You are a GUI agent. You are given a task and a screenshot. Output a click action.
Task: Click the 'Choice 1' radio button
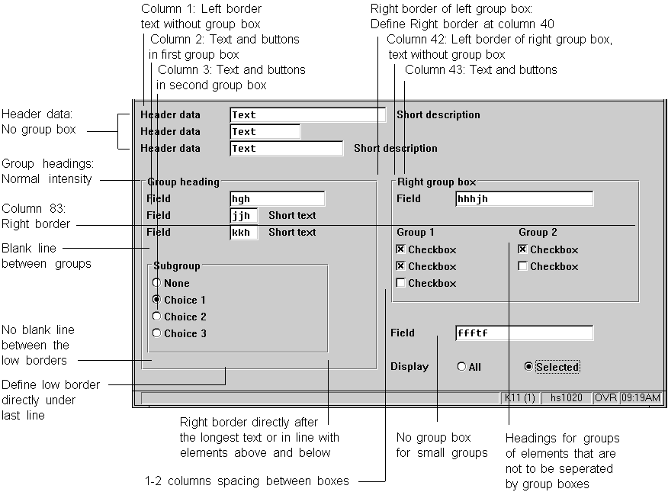[157, 300]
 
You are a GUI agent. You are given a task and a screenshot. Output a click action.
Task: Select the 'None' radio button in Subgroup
[157, 283]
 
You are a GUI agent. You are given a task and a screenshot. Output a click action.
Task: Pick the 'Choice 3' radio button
[157, 333]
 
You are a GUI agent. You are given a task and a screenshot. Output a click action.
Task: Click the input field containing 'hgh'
[277, 199]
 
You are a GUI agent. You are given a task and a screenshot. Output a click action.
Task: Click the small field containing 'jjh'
[243, 216]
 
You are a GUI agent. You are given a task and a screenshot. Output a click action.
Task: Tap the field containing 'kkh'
[243, 232]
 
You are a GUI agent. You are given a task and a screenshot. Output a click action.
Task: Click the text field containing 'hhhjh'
[523, 199]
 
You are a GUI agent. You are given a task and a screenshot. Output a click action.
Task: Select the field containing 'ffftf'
[523, 333]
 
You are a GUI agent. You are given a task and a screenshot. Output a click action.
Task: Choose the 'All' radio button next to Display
[461, 367]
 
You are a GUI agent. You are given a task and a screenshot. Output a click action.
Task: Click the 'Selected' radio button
[528, 367]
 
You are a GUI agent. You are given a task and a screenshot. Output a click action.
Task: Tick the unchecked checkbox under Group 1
[400, 283]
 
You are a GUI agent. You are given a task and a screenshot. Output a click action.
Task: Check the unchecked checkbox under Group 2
[522, 266]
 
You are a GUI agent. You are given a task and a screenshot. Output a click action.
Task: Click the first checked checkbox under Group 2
[522, 249]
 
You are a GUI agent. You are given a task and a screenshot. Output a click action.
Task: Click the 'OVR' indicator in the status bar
[605, 397]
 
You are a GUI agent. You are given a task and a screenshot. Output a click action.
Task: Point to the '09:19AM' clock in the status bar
[641, 397]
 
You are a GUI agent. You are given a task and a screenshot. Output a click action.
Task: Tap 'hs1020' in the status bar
[566, 397]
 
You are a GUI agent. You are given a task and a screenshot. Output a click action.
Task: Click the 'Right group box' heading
[436, 182]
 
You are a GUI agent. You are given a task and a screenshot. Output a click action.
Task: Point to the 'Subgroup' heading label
[177, 266]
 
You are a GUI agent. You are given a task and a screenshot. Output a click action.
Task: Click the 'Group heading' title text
[183, 182]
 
